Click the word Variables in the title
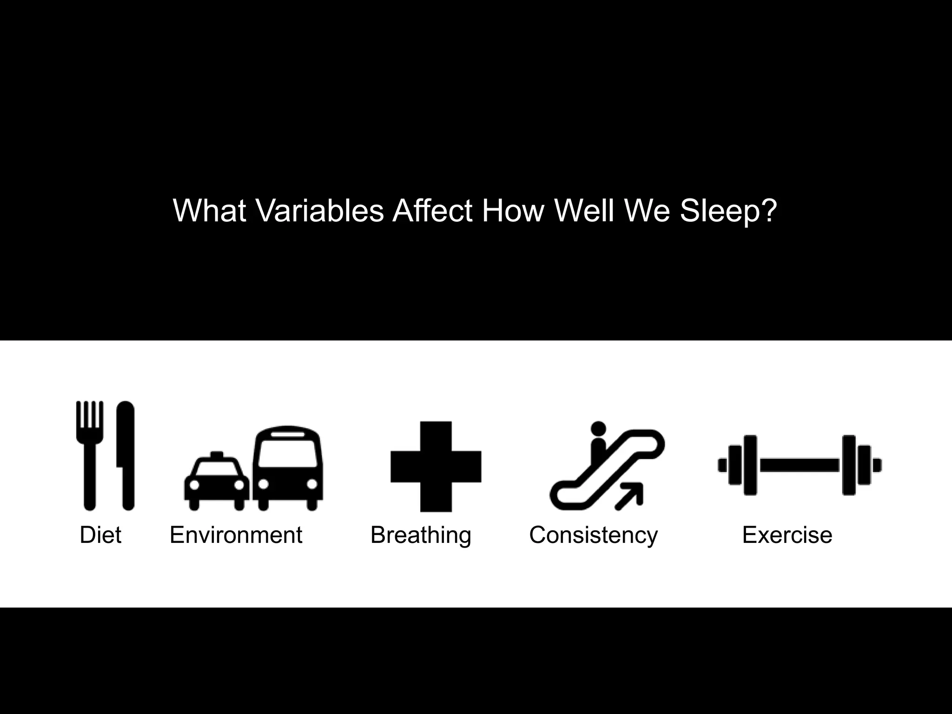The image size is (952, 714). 320,211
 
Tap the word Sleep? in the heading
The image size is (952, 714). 728,211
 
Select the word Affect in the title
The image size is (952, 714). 432,211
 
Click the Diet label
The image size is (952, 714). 100,535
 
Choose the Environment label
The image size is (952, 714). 236,535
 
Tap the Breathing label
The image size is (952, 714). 421,535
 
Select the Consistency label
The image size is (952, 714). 594,535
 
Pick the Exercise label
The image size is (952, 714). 787,535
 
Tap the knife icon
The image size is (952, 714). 126,456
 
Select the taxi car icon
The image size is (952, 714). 217,483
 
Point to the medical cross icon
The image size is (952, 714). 436,466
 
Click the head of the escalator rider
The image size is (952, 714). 598,428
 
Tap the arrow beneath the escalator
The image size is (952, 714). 630,496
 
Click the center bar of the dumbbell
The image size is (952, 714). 800,465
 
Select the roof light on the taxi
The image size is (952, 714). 217,454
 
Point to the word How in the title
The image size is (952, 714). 513,211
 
